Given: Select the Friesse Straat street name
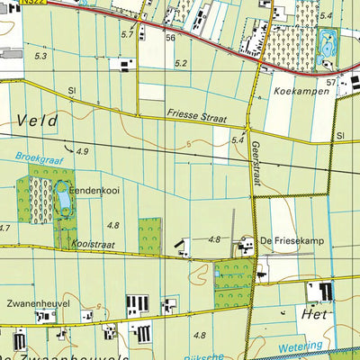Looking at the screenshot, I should pyautogui.click(x=195, y=116).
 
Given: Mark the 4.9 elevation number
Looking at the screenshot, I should pyautogui.click(x=83, y=151).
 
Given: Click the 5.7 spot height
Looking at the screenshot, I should pyautogui.click(x=126, y=34).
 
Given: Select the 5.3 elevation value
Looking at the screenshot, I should pyautogui.click(x=40, y=57).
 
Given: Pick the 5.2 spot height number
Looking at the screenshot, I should pyautogui.click(x=182, y=63).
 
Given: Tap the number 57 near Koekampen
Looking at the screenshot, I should pyautogui.click(x=331, y=83).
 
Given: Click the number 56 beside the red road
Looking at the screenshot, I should pyautogui.click(x=169, y=38).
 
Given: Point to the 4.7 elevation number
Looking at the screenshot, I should pyautogui.click(x=4, y=228).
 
